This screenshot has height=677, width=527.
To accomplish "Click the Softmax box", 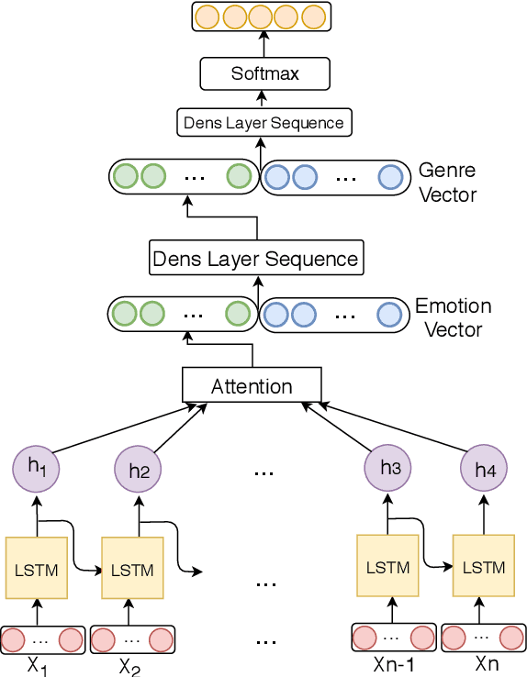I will click(264, 73).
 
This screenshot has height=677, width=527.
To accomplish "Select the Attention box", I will click(252, 385).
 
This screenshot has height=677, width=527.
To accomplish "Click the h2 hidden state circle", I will click(139, 471).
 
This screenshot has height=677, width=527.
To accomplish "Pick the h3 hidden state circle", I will click(389, 469).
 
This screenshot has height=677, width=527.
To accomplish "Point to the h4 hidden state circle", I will click(484, 471).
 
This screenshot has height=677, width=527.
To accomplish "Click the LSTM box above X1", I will click(37, 569).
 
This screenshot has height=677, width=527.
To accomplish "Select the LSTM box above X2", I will click(132, 569).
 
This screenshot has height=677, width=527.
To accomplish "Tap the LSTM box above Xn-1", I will click(387, 567).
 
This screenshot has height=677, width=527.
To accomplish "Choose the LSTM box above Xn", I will click(483, 567).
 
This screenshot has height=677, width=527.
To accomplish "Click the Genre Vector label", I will click(447, 183).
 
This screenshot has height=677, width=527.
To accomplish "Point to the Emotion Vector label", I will click(454, 317).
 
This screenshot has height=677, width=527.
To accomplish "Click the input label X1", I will click(38, 665).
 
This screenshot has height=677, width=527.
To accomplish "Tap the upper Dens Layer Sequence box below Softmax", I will click(263, 123).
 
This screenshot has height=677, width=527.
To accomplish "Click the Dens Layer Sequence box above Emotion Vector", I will click(255, 259).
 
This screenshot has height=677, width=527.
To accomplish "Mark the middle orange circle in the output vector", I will click(262, 17).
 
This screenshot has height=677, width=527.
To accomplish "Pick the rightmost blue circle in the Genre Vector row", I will click(390, 177).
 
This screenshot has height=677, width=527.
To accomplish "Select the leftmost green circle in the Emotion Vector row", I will click(124, 314).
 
